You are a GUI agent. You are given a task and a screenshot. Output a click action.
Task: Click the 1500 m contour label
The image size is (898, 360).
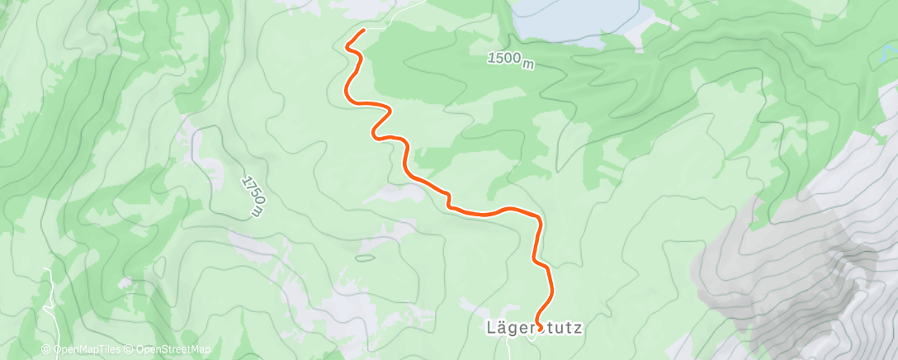(x=510, y=60)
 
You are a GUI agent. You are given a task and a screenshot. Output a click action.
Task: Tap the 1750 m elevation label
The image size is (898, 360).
(x=253, y=197)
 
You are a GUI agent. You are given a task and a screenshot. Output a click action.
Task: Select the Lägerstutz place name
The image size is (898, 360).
(x=533, y=329)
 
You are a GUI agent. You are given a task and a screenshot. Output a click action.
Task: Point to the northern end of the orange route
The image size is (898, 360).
(x=363, y=31)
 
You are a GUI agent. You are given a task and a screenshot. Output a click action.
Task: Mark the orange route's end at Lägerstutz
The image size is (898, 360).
(x=539, y=328)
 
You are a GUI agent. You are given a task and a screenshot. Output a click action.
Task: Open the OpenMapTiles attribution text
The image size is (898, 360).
(x=85, y=350)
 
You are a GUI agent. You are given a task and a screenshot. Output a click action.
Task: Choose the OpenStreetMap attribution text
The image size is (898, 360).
(x=166, y=350)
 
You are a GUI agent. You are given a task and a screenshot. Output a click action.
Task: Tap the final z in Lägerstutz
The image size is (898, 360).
(x=578, y=329)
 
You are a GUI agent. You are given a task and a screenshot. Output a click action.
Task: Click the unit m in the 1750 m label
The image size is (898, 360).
(x=260, y=212)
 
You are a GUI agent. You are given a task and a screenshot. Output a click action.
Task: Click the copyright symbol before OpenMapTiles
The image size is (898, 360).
(x=46, y=350)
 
